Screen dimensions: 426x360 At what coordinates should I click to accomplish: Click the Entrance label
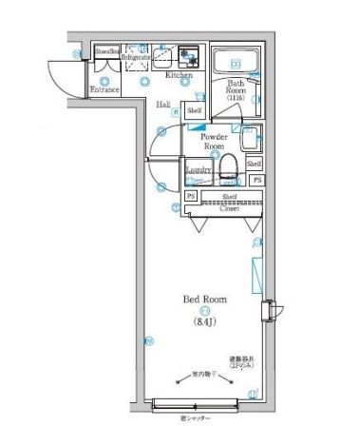(x=104, y=90)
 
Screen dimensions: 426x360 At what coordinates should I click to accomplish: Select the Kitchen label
(x=179, y=75)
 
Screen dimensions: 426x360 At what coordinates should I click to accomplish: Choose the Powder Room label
(x=214, y=142)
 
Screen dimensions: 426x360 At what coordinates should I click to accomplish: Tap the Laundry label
(x=199, y=171)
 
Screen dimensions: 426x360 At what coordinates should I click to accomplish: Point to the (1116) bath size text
(x=235, y=99)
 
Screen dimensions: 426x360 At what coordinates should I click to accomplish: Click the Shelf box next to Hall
(x=195, y=111)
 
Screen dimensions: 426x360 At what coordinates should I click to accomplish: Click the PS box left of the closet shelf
(x=191, y=197)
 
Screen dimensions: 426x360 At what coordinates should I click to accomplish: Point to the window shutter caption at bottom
(x=193, y=417)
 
